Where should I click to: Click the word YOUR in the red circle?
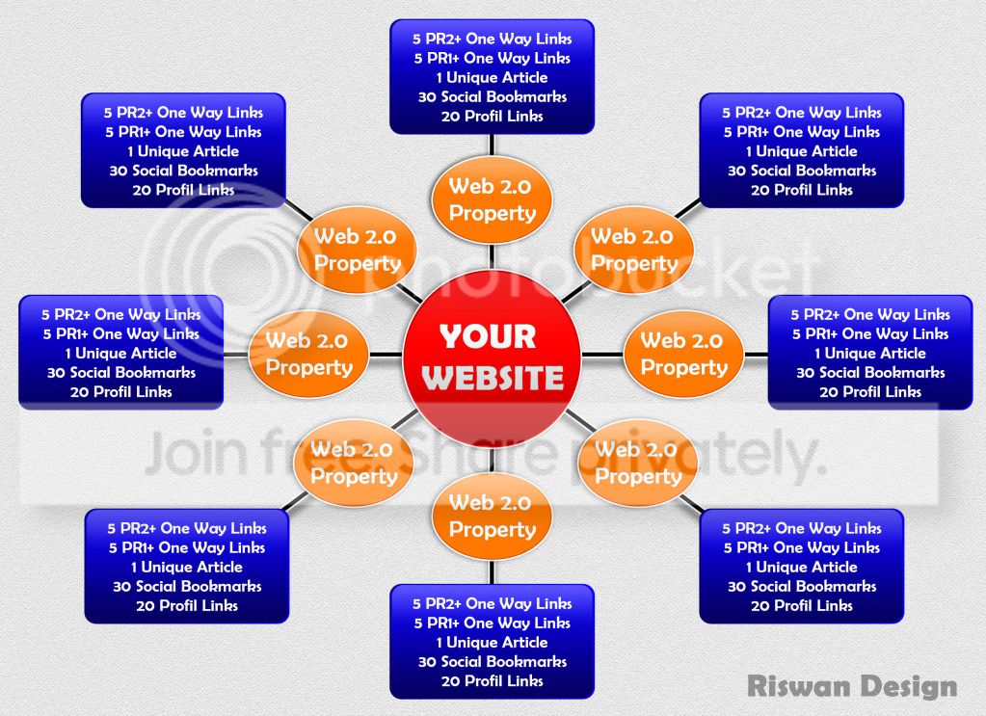tap(488, 336)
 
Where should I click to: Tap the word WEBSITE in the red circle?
tap(493, 377)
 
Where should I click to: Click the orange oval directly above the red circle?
tap(492, 199)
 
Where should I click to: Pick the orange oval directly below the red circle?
tap(492, 517)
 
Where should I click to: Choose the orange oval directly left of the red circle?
tap(308, 354)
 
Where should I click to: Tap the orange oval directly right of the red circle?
tap(683, 354)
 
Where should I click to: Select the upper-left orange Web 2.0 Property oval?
tap(358, 250)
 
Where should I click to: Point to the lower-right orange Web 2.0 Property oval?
tap(638, 463)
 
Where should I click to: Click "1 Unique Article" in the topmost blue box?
tap(492, 77)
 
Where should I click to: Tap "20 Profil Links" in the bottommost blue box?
tap(492, 680)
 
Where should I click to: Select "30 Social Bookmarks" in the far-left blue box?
tap(121, 372)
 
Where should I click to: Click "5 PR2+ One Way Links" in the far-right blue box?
tap(870, 314)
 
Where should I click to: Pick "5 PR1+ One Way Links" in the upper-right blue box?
tap(801, 132)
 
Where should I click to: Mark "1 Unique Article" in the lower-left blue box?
tap(187, 567)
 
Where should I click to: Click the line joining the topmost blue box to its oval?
tap(492, 145)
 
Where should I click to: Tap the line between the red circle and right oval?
tap(602, 355)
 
